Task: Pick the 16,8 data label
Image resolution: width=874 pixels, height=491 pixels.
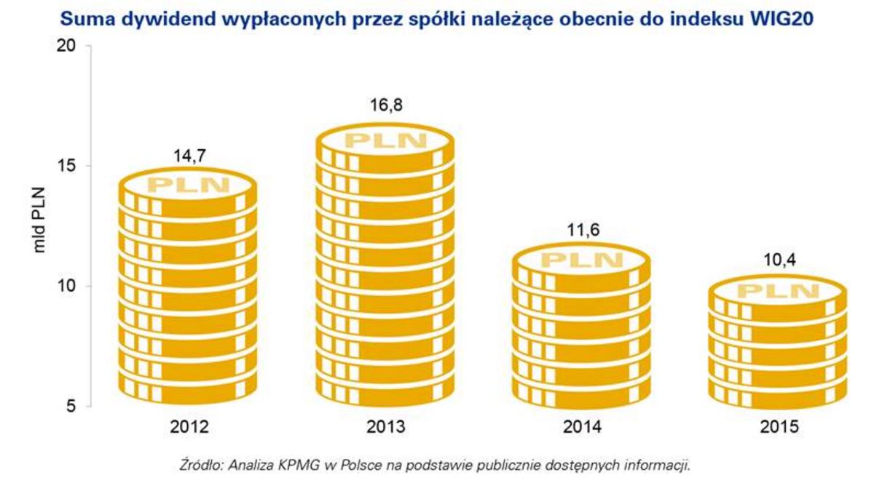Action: coord(385,105)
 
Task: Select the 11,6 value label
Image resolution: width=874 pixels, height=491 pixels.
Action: coord(582,231)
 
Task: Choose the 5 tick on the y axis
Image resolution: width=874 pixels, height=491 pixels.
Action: coord(71,406)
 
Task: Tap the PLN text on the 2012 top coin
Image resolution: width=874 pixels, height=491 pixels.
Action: coord(189,185)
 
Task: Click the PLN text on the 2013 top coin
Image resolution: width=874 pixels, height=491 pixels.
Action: coord(385,140)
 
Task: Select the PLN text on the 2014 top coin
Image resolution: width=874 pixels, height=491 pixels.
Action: coord(582,260)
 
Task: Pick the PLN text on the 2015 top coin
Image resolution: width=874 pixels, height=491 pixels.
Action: coord(778,292)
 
